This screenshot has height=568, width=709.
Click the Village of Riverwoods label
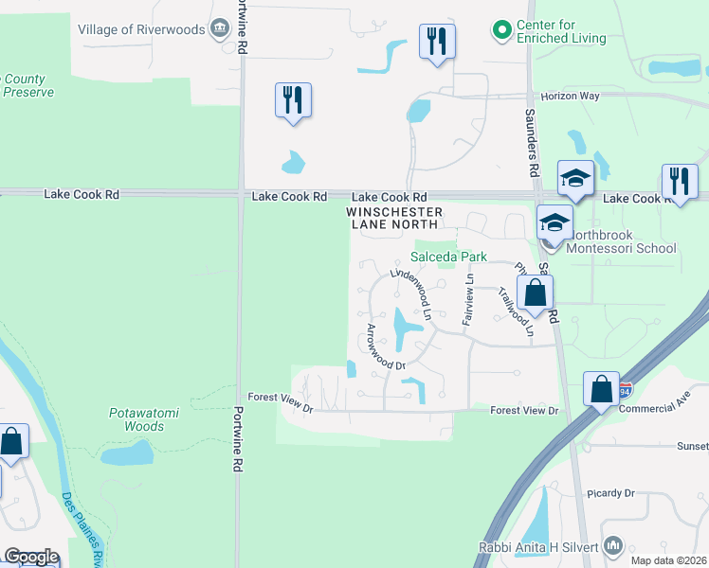141,29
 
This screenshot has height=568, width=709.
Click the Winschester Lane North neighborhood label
393,218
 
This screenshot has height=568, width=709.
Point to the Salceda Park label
448,257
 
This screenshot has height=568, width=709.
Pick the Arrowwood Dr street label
386,346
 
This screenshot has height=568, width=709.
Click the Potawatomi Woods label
132,420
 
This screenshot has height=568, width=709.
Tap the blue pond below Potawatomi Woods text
127,453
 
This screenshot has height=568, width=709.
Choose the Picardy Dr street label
610,493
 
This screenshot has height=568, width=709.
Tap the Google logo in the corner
30,557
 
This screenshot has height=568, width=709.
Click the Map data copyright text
669,560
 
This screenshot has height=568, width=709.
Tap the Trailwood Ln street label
516,311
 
